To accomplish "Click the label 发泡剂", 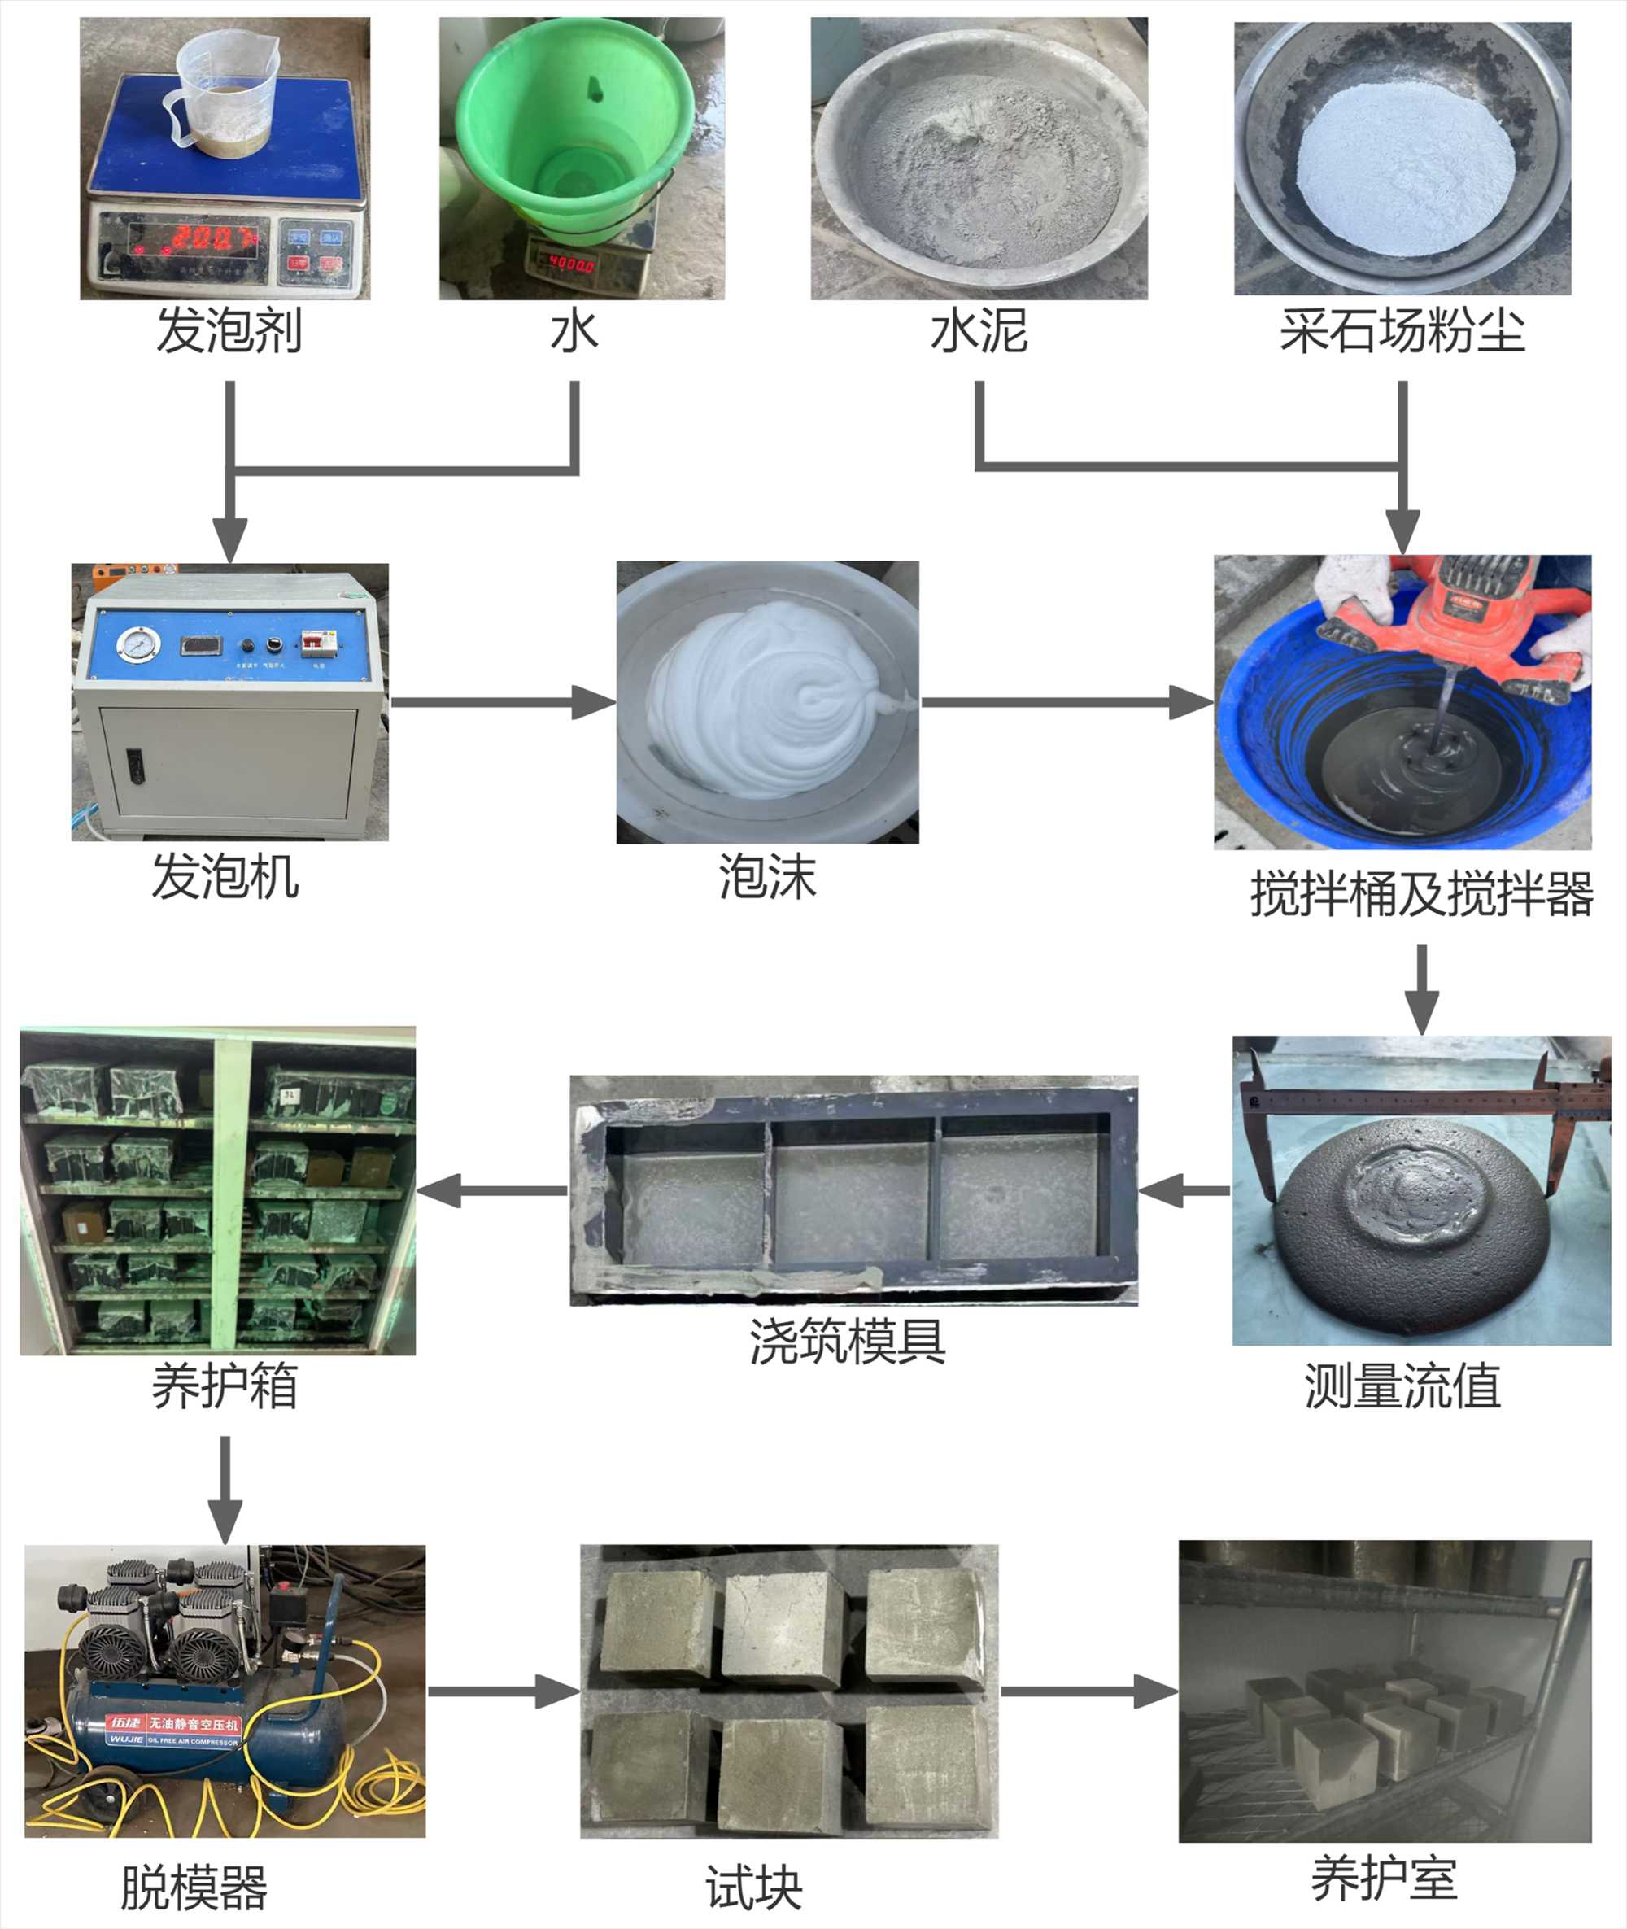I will (x=229, y=331).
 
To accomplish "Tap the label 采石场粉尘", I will (x=1402, y=331).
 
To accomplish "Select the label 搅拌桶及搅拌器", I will (x=1421, y=894).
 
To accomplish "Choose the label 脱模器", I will (x=194, y=1888).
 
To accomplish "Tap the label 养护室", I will (x=1385, y=1879).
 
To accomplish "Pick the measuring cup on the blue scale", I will (x=221, y=92).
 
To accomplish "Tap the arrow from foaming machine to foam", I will (x=503, y=702).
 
